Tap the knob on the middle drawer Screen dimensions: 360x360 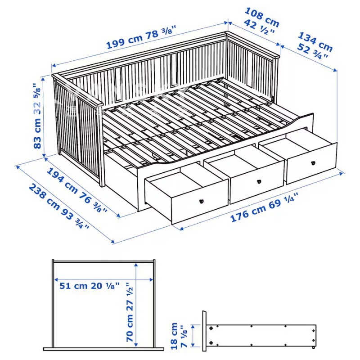pos(259,181)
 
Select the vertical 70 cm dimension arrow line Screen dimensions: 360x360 pos(136,306)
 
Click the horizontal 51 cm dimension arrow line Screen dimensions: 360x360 pos(103,279)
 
